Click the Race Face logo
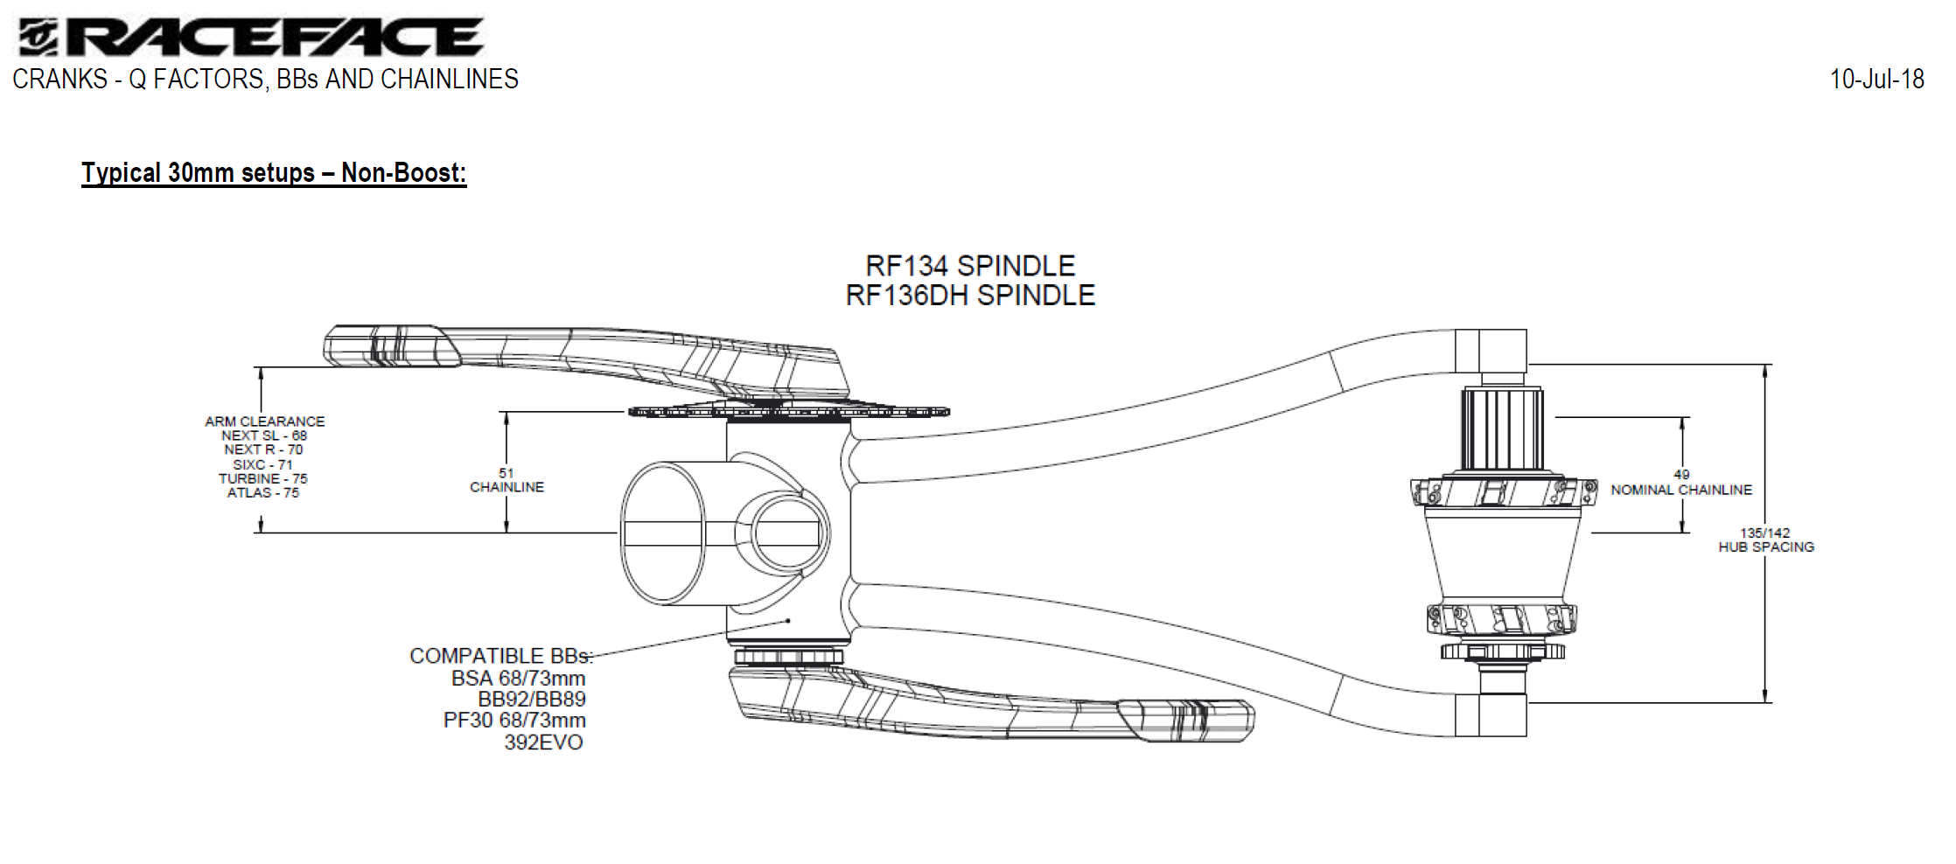[249, 38]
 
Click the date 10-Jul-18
[1876, 80]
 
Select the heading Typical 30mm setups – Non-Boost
[274, 173]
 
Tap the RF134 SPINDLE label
[970, 266]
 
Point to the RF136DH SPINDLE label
[970, 296]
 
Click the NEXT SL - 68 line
[264, 435]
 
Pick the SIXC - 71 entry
[262, 464]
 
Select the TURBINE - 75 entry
[263, 479]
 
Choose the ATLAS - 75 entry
[263, 493]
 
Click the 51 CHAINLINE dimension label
[506, 480]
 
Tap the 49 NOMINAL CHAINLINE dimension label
[1681, 483]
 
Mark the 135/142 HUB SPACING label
[1765, 540]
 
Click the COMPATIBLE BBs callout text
[500, 656]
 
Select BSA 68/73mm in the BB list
[518, 678]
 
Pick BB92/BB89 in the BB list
[531, 699]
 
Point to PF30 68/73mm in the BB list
[514, 721]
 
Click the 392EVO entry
[543, 742]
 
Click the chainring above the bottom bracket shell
[788, 411]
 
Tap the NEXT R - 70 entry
[263, 449]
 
